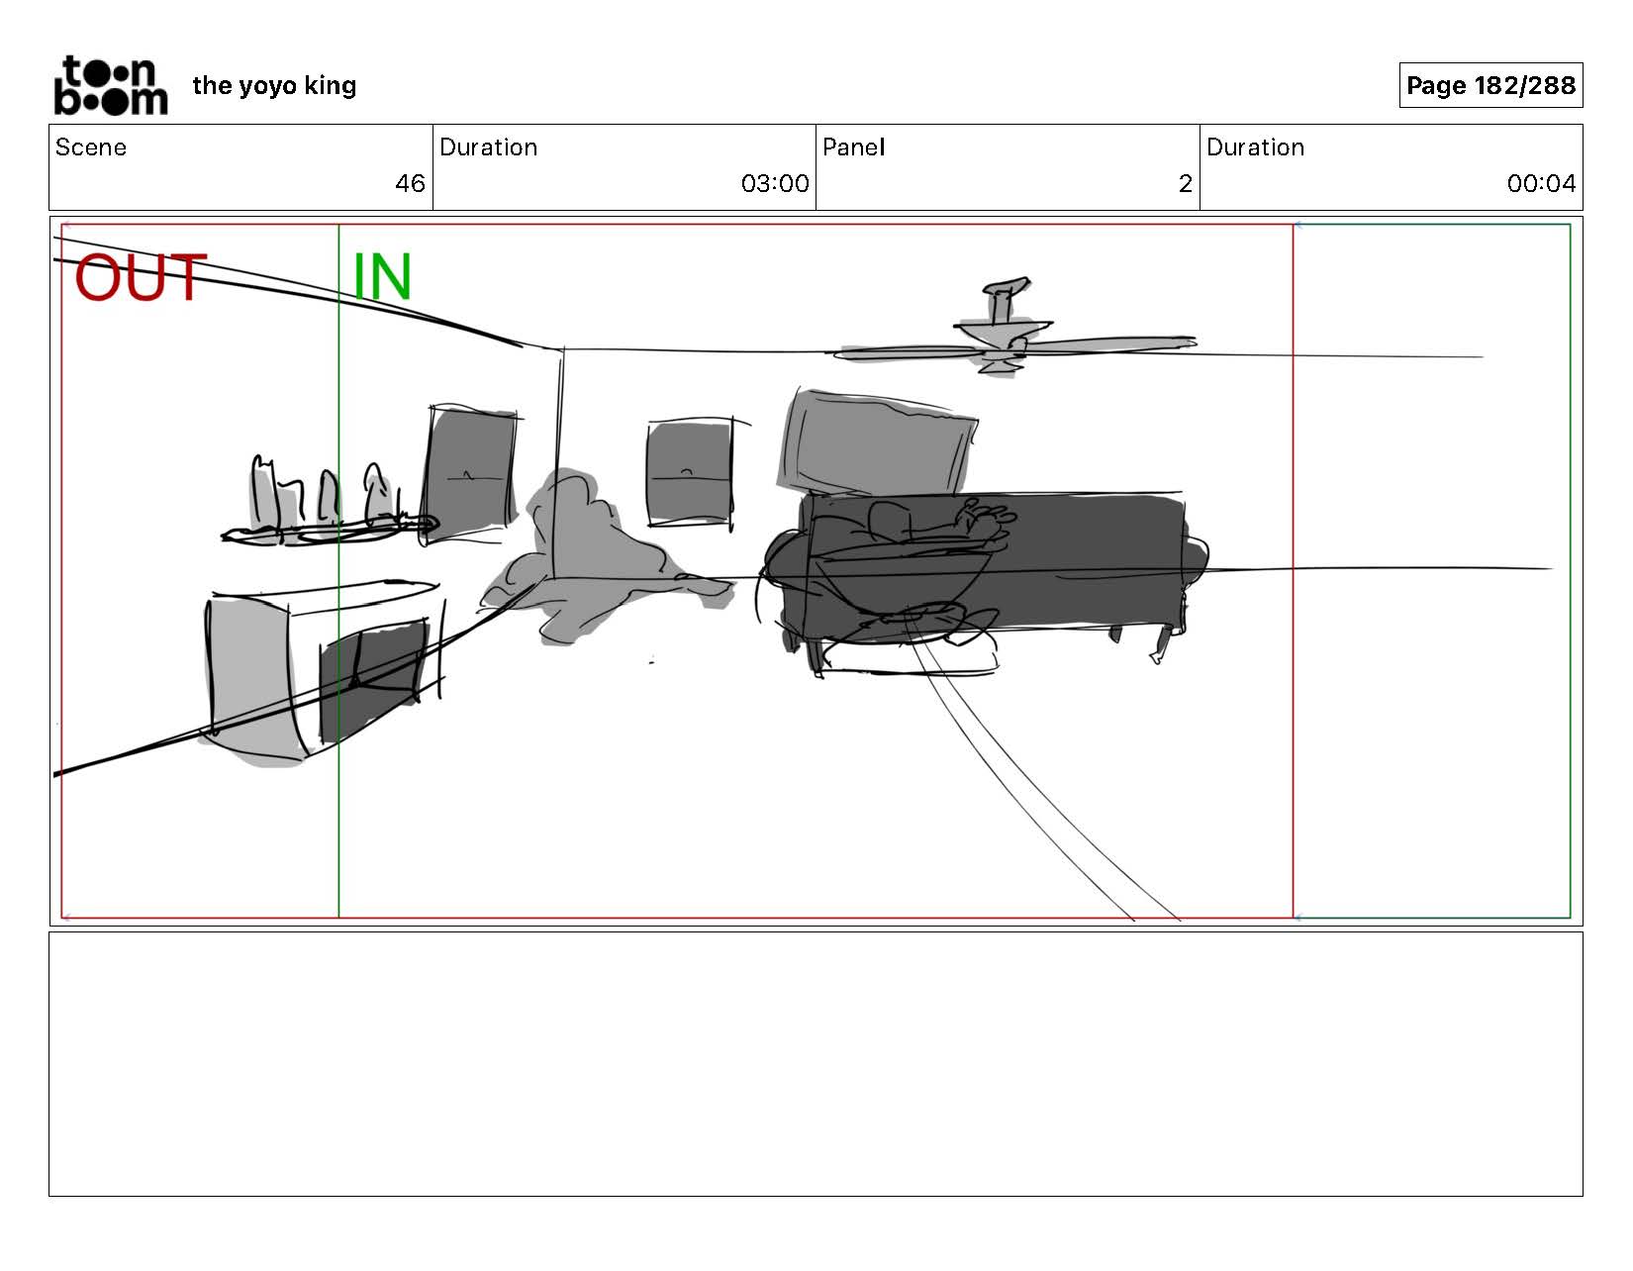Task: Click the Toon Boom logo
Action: pyautogui.click(x=110, y=86)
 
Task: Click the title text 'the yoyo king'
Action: pyautogui.click(x=274, y=86)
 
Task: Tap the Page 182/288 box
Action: pyautogui.click(x=1489, y=85)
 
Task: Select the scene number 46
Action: pyautogui.click(x=410, y=183)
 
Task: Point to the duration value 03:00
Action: pyautogui.click(x=774, y=183)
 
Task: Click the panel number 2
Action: pyautogui.click(x=1185, y=183)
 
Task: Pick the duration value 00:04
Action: pyautogui.click(x=1540, y=183)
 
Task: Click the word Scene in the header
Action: pyautogui.click(x=91, y=147)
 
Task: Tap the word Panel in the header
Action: pyautogui.click(x=853, y=147)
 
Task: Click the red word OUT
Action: pyautogui.click(x=140, y=277)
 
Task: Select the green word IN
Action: pyautogui.click(x=382, y=277)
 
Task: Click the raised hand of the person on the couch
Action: pyautogui.click(x=990, y=517)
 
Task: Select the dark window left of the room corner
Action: pyautogui.click(x=471, y=473)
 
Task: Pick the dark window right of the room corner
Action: pyautogui.click(x=690, y=472)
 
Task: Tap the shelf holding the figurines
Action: pyautogui.click(x=327, y=532)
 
